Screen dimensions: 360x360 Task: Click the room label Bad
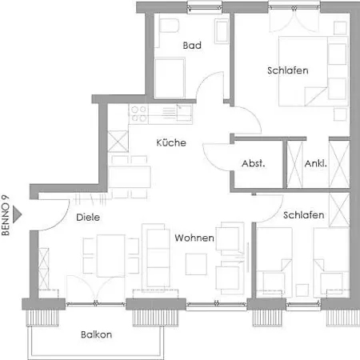coord(192,46)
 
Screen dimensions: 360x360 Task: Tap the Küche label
coord(171,142)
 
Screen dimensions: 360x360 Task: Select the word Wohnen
coord(194,238)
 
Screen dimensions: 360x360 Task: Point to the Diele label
coord(88,217)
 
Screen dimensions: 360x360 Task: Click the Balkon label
coord(96,334)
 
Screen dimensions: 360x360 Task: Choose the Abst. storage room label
coord(254,163)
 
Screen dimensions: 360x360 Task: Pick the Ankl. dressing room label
coord(316,163)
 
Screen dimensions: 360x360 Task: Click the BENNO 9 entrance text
coord(6,215)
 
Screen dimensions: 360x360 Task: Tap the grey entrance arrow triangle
coord(17,214)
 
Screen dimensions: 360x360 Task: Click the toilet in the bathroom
coord(169,26)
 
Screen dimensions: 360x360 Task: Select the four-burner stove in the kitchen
coord(138,114)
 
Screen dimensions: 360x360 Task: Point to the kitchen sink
coord(184,113)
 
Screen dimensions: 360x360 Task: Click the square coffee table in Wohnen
coord(196,264)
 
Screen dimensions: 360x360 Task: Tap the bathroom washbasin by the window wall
coord(222,31)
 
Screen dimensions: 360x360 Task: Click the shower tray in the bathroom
coord(170,78)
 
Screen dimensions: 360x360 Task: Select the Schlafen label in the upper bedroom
coord(288,70)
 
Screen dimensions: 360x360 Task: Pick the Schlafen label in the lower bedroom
coord(304,215)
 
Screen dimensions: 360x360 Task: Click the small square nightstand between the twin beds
coord(302,290)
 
